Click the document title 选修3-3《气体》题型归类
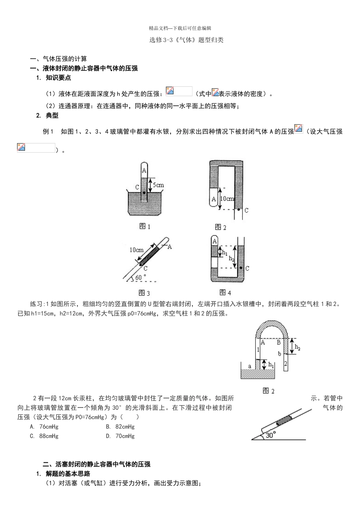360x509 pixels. click(x=186, y=40)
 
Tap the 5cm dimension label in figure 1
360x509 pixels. click(x=158, y=185)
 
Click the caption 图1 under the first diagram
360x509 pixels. click(x=145, y=226)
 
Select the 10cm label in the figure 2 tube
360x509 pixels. click(x=227, y=198)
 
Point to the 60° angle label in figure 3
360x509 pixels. click(x=141, y=277)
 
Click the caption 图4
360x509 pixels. click(x=225, y=292)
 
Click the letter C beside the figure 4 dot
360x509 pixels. click(x=247, y=268)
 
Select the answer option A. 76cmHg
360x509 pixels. click(x=44, y=426)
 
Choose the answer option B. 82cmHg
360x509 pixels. click(x=120, y=426)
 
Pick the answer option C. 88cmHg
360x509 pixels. click(x=44, y=436)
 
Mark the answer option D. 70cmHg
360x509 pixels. click(x=120, y=436)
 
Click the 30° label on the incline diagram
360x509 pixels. click(x=270, y=435)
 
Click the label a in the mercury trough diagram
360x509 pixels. click(x=249, y=366)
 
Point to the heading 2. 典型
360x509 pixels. click(x=47, y=116)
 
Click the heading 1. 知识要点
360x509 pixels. click(x=53, y=78)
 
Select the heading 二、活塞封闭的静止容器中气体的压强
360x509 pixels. click(x=97, y=464)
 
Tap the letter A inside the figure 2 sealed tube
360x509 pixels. click(x=214, y=199)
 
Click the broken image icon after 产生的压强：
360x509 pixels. click(x=170, y=91)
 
